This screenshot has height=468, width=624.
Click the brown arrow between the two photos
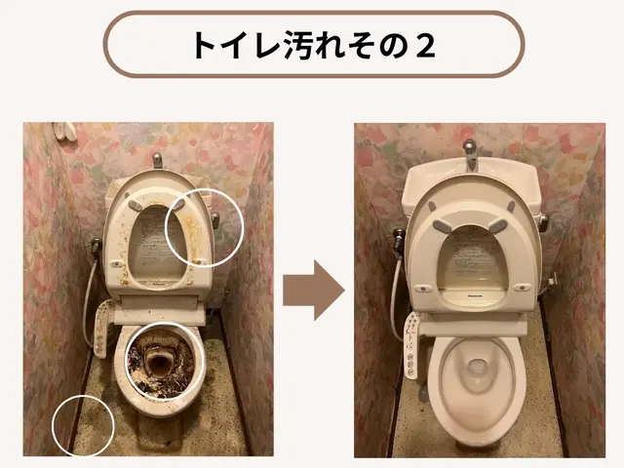(313, 290)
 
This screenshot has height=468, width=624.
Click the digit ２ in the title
(421, 46)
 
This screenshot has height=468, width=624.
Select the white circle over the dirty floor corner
(84, 425)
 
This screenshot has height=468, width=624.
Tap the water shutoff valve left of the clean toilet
(397, 238)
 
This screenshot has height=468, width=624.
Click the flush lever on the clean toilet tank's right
(543, 218)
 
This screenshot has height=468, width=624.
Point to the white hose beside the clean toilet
(395, 292)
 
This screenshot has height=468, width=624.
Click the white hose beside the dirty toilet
(89, 292)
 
